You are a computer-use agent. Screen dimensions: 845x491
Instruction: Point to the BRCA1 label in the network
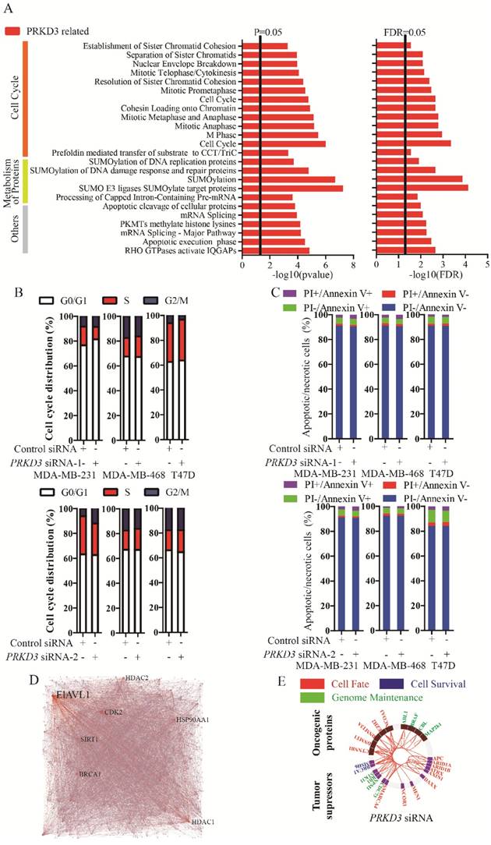tap(90, 774)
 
